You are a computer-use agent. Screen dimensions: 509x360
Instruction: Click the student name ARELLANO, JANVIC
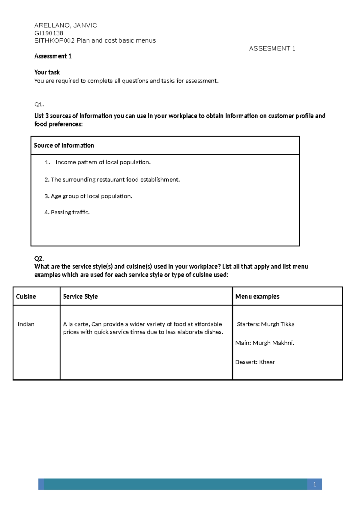click(x=66, y=25)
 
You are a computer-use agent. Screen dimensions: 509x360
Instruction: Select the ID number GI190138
click(x=49, y=33)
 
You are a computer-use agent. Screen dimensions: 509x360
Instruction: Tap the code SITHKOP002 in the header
click(x=54, y=41)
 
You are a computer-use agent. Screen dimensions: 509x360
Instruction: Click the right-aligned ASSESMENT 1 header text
click(x=272, y=49)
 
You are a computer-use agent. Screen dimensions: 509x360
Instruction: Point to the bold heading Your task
click(x=47, y=72)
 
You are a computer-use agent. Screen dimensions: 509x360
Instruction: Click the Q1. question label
click(x=39, y=105)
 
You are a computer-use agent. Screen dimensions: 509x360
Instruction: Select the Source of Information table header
click(x=64, y=145)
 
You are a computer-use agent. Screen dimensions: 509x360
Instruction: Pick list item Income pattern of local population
click(x=103, y=162)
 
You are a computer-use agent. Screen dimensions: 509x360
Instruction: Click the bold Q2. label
click(x=39, y=258)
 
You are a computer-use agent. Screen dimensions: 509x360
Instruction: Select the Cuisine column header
click(x=26, y=296)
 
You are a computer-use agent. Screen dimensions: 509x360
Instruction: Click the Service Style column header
click(x=80, y=296)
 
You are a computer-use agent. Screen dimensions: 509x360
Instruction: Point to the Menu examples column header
click(x=257, y=296)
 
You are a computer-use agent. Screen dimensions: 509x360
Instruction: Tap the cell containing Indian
click(x=26, y=324)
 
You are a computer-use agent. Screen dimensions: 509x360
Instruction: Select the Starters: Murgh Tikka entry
click(x=265, y=324)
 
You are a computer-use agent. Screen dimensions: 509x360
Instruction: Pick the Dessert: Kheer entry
click(x=255, y=362)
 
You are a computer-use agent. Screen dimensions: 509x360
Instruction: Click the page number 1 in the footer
click(x=314, y=484)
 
